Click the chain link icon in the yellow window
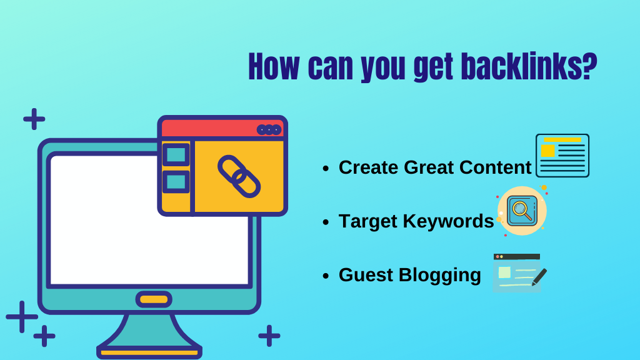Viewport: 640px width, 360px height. point(239,176)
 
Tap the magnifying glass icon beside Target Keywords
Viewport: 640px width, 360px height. point(521,211)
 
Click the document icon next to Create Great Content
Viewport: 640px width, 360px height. point(562,156)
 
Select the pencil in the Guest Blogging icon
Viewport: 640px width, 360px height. point(539,277)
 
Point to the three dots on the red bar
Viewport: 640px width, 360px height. point(269,129)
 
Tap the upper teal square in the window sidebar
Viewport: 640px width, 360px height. point(176,154)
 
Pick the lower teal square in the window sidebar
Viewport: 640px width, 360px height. point(176,182)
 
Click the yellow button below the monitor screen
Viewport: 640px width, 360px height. point(154,299)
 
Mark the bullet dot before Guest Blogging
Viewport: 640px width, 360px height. point(326,276)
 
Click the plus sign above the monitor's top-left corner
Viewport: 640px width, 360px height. point(34,119)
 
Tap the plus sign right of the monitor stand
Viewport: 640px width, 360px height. point(269,336)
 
